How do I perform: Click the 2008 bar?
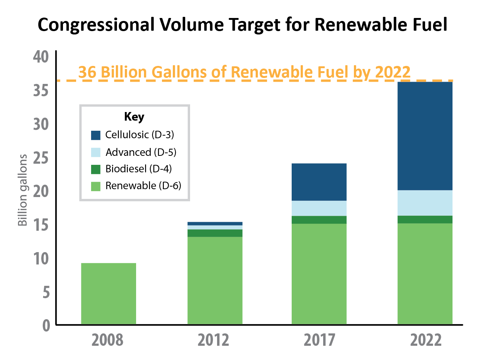pyautogui.click(x=108, y=293)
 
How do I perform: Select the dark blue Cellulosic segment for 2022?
pyautogui.click(x=425, y=136)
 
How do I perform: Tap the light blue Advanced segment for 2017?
pyautogui.click(x=319, y=208)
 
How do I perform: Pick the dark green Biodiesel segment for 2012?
pyautogui.click(x=215, y=233)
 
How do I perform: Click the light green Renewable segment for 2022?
pyautogui.click(x=425, y=273)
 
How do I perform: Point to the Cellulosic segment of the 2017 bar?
pyautogui.click(x=319, y=182)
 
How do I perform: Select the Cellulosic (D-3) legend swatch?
pyautogui.click(x=96, y=135)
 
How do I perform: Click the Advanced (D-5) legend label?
pyautogui.click(x=141, y=152)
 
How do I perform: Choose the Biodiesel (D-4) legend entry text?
pyautogui.click(x=139, y=169)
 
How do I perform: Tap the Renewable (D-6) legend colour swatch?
pyautogui.click(x=96, y=186)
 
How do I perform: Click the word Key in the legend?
pyautogui.click(x=134, y=117)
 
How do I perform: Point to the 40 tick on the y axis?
pyautogui.click(x=41, y=57)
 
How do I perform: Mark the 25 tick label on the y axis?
pyautogui.click(x=41, y=158)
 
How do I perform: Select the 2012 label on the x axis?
pyautogui.click(x=213, y=340)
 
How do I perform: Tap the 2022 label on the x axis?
pyautogui.click(x=426, y=340)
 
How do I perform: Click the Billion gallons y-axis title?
pyautogui.click(x=23, y=190)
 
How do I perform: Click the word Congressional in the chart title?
pyautogui.click(x=96, y=25)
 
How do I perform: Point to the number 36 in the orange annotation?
pyautogui.click(x=87, y=72)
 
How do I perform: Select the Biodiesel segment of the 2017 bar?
pyautogui.click(x=319, y=220)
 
